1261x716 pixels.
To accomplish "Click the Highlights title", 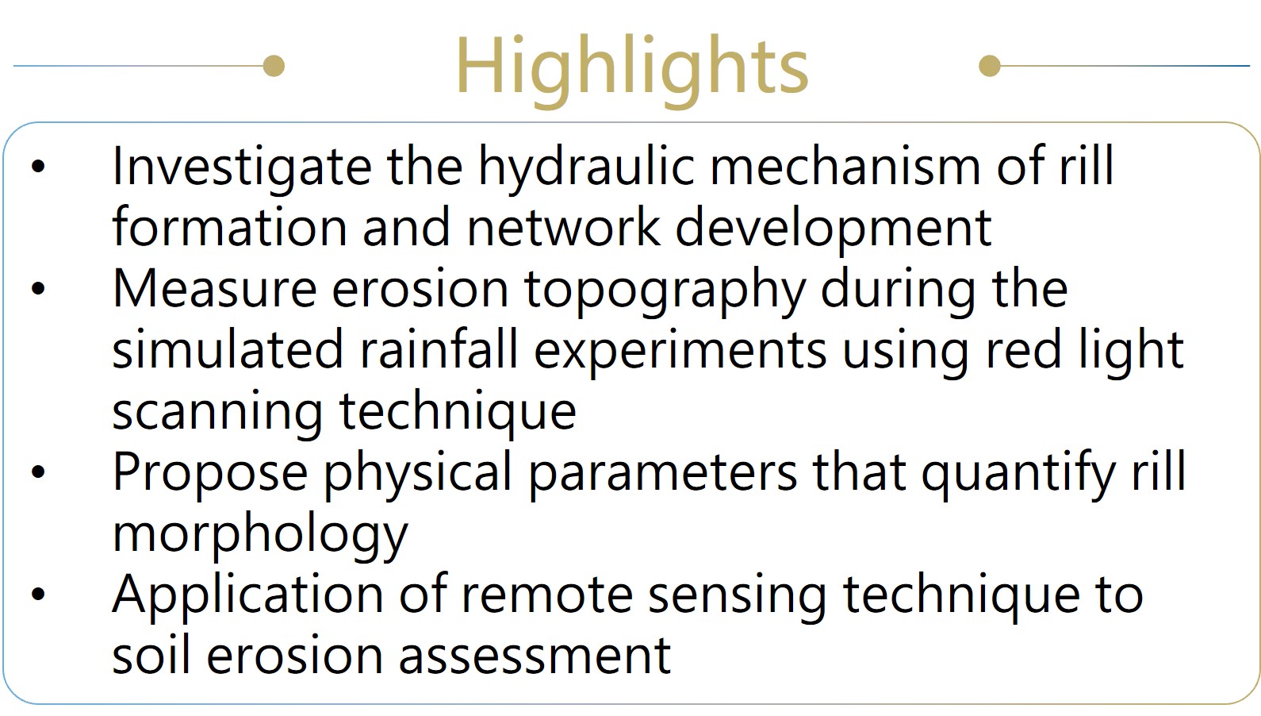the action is click(631, 69).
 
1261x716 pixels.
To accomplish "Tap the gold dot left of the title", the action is click(274, 66).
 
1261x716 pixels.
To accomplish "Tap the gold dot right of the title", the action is click(990, 66).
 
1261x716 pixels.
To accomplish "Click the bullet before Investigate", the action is click(38, 167).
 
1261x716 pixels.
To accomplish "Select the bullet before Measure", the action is click(38, 289).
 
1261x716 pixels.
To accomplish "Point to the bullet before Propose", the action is click(38, 472).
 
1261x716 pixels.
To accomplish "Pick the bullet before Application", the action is click(38, 594).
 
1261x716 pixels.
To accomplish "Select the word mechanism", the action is click(845, 166).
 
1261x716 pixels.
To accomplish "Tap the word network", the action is click(564, 227).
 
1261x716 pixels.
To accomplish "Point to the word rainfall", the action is click(439, 349).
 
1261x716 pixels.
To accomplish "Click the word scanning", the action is click(218, 414).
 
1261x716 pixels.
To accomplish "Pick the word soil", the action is click(151, 656).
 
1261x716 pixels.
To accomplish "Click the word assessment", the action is click(535, 656).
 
